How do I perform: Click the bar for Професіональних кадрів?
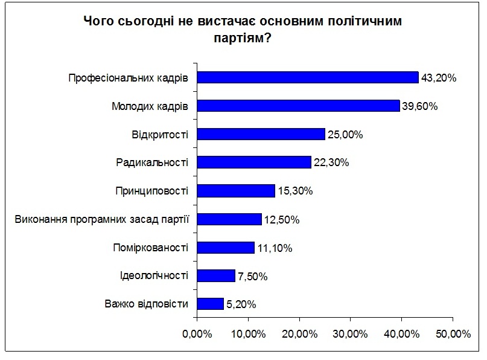(308, 77)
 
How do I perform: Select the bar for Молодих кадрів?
(299, 106)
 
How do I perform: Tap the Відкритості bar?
(261, 134)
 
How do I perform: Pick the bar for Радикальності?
(254, 162)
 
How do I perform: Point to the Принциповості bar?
(236, 191)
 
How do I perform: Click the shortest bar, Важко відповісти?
(211, 304)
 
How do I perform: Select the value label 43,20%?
(439, 78)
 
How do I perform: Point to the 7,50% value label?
(252, 277)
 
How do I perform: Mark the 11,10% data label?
(276, 248)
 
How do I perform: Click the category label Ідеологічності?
(154, 276)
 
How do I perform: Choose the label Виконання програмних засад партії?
(102, 219)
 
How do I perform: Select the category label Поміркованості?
(151, 248)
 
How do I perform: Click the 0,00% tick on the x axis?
(197, 334)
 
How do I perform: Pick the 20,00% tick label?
(299, 334)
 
